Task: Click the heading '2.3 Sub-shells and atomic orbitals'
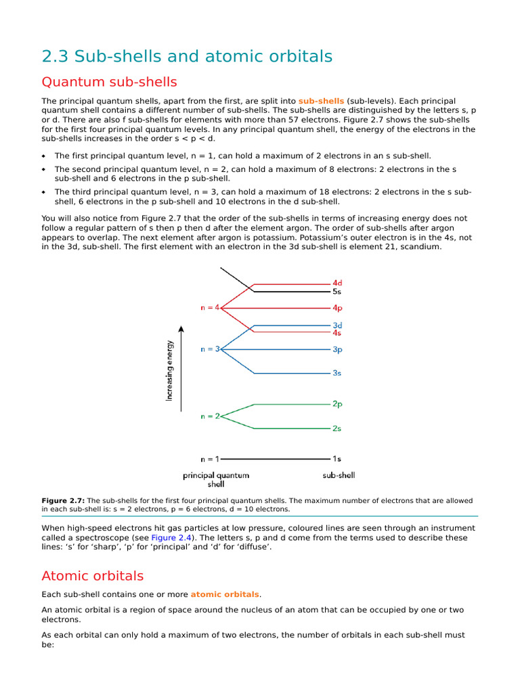(x=187, y=57)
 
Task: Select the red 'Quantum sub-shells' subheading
(x=109, y=83)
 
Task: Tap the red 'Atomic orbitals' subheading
(x=93, y=577)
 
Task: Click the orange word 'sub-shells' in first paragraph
(x=321, y=101)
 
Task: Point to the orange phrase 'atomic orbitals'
(x=225, y=595)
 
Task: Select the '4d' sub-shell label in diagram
(x=337, y=283)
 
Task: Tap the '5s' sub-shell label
(x=337, y=292)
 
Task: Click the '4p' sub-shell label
(x=337, y=308)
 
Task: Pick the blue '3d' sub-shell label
(x=337, y=325)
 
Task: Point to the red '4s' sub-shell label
(x=337, y=333)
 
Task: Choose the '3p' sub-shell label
(x=337, y=350)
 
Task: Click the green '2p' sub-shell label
(x=337, y=404)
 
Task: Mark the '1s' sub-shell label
(x=337, y=459)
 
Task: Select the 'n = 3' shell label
(x=210, y=349)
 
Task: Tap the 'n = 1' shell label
(x=209, y=459)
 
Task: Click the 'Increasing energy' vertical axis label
(x=169, y=370)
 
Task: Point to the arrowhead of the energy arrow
(x=181, y=331)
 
